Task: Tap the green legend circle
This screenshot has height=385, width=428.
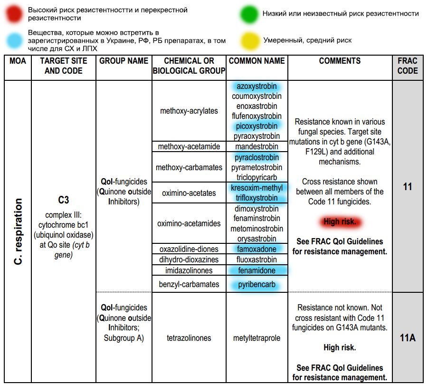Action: coord(248,14)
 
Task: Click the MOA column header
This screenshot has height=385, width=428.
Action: coord(18,61)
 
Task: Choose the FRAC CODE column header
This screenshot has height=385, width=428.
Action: coord(408,66)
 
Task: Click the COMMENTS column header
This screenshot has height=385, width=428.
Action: coord(340,61)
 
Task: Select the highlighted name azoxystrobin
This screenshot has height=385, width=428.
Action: coord(257,87)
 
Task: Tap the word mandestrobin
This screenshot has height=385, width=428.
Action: coord(257,146)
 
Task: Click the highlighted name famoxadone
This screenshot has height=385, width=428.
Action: coord(257,249)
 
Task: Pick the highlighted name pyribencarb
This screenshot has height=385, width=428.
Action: coord(257,284)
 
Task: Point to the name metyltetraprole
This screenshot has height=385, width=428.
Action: coord(257,338)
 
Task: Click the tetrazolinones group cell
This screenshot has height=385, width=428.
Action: coord(189,338)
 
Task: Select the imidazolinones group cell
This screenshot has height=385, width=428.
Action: coord(189,271)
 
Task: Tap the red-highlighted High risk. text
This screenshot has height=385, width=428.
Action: coord(340,221)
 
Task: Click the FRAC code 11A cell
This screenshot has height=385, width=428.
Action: coord(408,338)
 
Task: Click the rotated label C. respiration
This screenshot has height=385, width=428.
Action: coord(18,232)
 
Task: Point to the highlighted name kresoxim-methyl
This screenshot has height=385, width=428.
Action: coord(257,188)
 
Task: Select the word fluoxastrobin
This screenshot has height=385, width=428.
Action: coord(257,260)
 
